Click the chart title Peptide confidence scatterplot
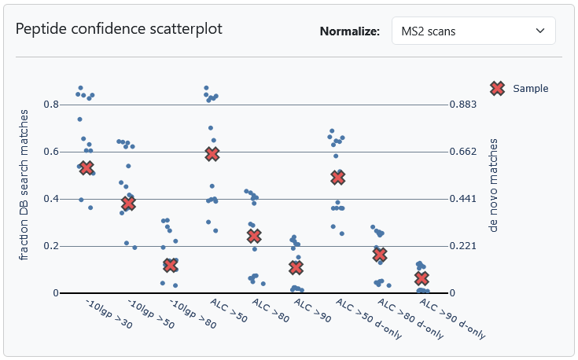point(119,29)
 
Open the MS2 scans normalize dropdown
point(473,31)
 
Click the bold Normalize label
point(350,32)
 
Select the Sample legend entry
point(518,88)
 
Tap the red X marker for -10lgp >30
point(87,167)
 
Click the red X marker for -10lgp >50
point(128,204)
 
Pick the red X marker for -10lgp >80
point(170,266)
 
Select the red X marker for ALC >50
point(212,154)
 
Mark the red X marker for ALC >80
point(254,236)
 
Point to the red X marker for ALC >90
point(296,268)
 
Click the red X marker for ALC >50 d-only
point(338,178)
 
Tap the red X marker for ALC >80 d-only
point(380,255)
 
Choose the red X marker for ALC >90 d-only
point(422,279)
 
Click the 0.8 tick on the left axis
point(50,105)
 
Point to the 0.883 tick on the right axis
point(463,105)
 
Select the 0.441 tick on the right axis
point(463,199)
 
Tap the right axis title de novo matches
point(494,186)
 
